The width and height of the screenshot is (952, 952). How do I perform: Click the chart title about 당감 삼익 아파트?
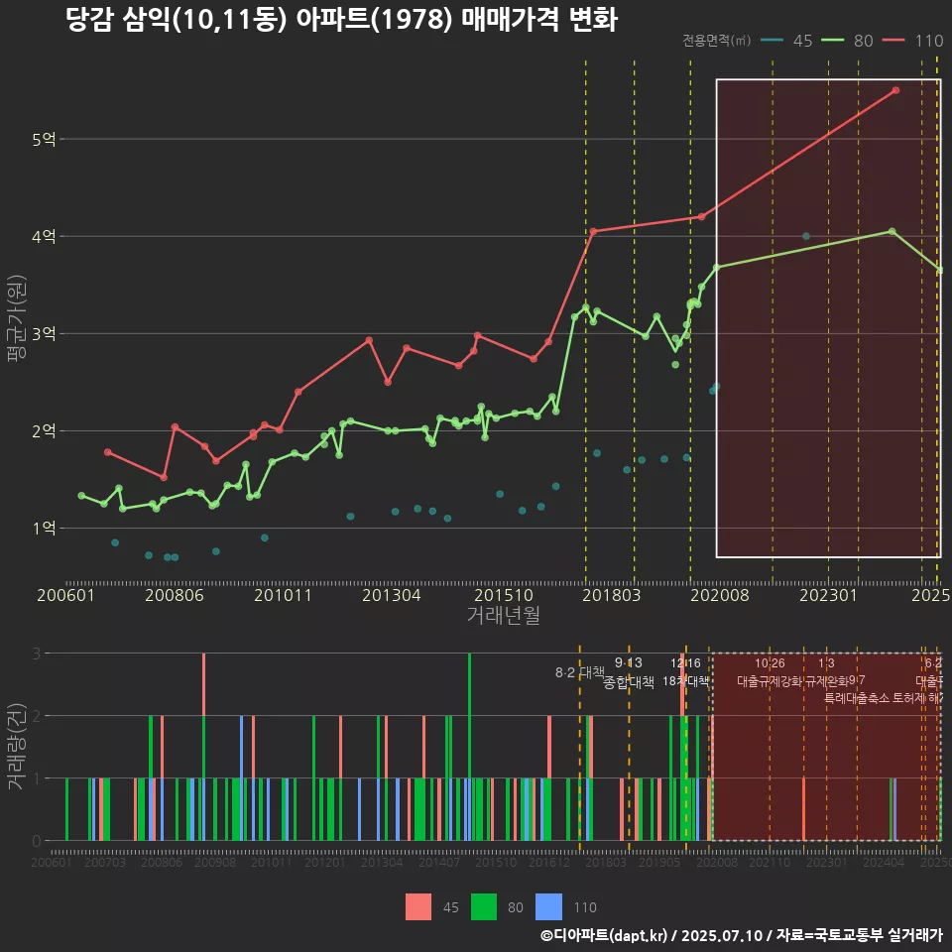pyautogui.click(x=341, y=20)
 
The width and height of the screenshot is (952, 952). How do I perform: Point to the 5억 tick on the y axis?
pyautogui.click(x=43, y=139)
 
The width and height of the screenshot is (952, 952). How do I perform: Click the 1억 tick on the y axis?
pyautogui.click(x=43, y=528)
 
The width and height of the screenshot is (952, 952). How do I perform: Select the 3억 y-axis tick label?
pyautogui.click(x=43, y=333)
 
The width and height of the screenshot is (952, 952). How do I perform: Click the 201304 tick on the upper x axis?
pyautogui.click(x=391, y=595)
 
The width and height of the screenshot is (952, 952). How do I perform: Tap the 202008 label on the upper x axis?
pyautogui.click(x=716, y=595)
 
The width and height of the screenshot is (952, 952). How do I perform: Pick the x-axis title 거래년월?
pyautogui.click(x=503, y=615)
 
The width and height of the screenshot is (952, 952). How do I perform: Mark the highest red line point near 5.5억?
pyautogui.click(x=895, y=90)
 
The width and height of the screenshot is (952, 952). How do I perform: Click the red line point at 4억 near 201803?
pyautogui.click(x=593, y=231)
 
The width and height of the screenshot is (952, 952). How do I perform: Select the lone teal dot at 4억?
pyautogui.click(x=806, y=236)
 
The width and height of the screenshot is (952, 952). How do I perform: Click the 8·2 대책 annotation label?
pyautogui.click(x=580, y=672)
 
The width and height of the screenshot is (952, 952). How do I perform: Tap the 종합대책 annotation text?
pyautogui.click(x=629, y=682)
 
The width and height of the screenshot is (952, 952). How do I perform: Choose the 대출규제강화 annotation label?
pyautogui.click(x=769, y=681)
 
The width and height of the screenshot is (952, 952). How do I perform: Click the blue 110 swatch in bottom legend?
pyautogui.click(x=548, y=906)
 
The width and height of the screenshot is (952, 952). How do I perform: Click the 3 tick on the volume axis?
pyautogui.click(x=36, y=654)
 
